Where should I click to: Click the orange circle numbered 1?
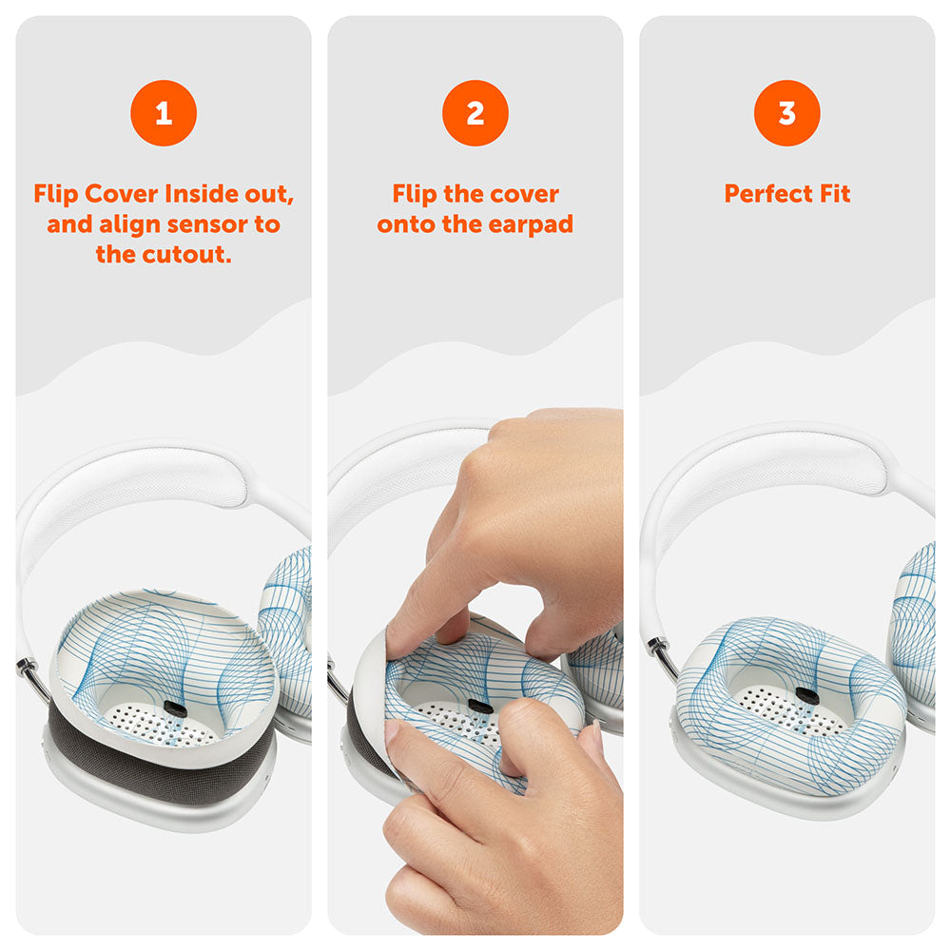[x=164, y=113]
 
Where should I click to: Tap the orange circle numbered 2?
[x=475, y=113]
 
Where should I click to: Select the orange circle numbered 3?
[x=786, y=113]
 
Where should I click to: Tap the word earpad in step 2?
[x=532, y=224]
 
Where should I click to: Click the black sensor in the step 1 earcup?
[x=175, y=708]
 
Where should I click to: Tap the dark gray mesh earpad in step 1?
[x=143, y=761]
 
